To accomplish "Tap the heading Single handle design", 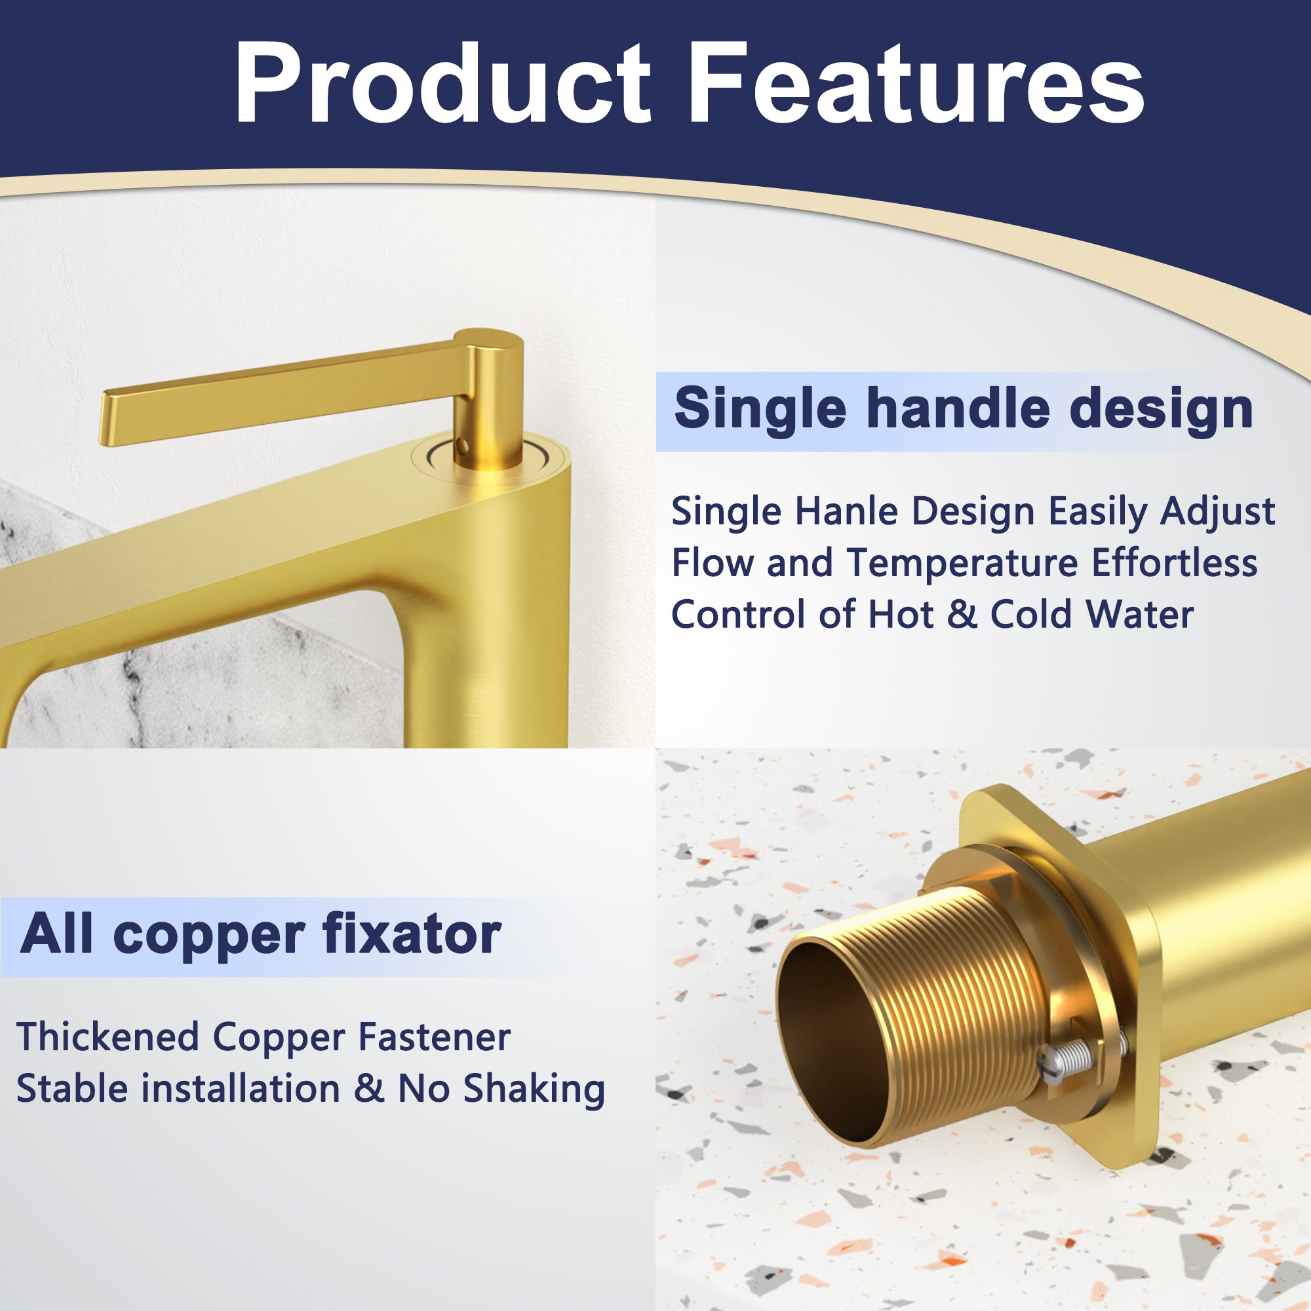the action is coord(963,408).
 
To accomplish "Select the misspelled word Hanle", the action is coord(846,512).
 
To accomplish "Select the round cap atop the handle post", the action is coord(488,340).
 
